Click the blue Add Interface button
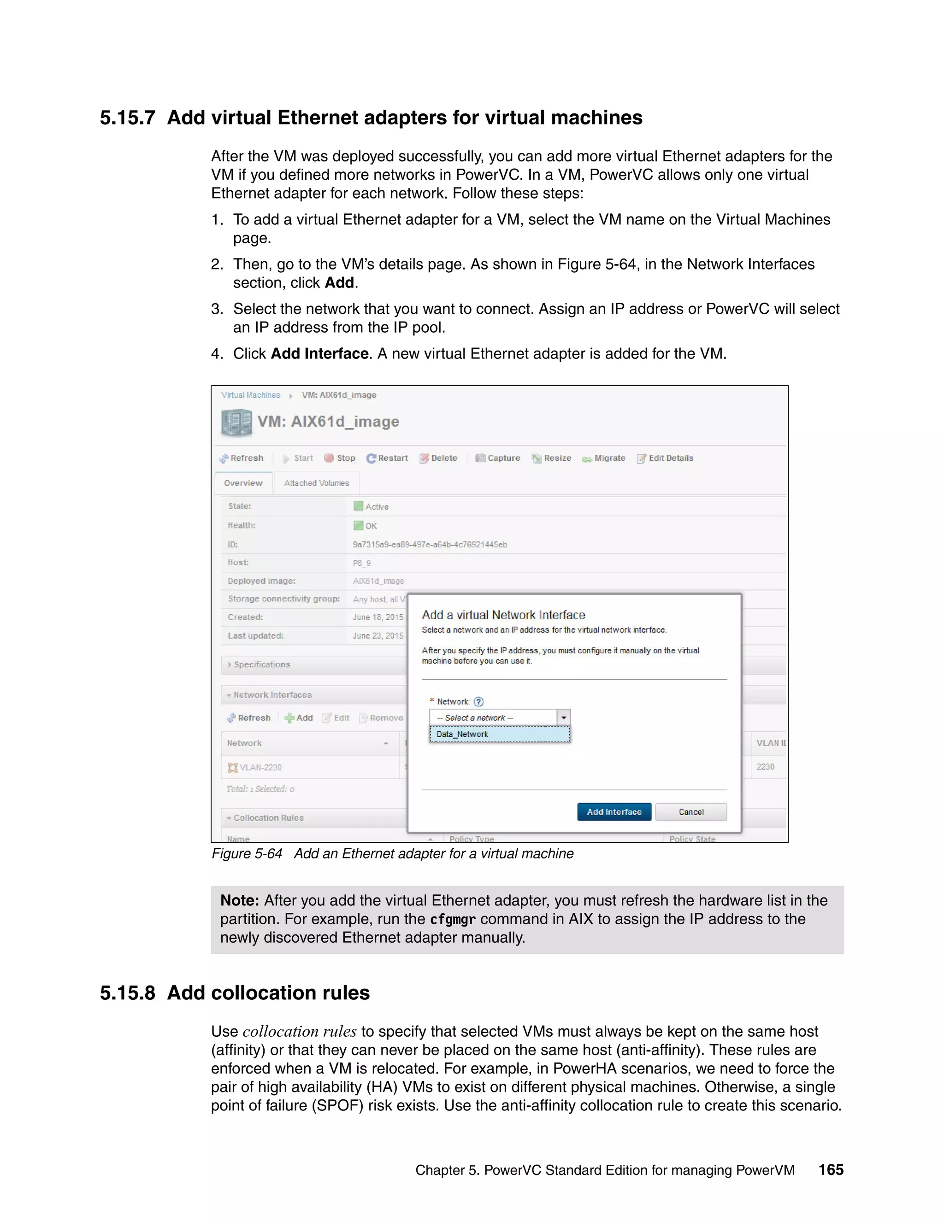coord(614,812)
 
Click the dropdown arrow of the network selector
coord(564,717)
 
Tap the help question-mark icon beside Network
coord(479,702)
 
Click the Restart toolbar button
coord(387,458)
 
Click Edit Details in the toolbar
coord(665,458)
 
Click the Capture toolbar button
coord(498,458)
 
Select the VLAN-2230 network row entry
coord(260,767)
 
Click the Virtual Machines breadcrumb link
coord(251,395)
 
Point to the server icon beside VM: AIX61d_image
coord(236,423)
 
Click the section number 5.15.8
coord(128,993)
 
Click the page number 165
coord(831,1169)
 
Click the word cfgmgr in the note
coord(453,919)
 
